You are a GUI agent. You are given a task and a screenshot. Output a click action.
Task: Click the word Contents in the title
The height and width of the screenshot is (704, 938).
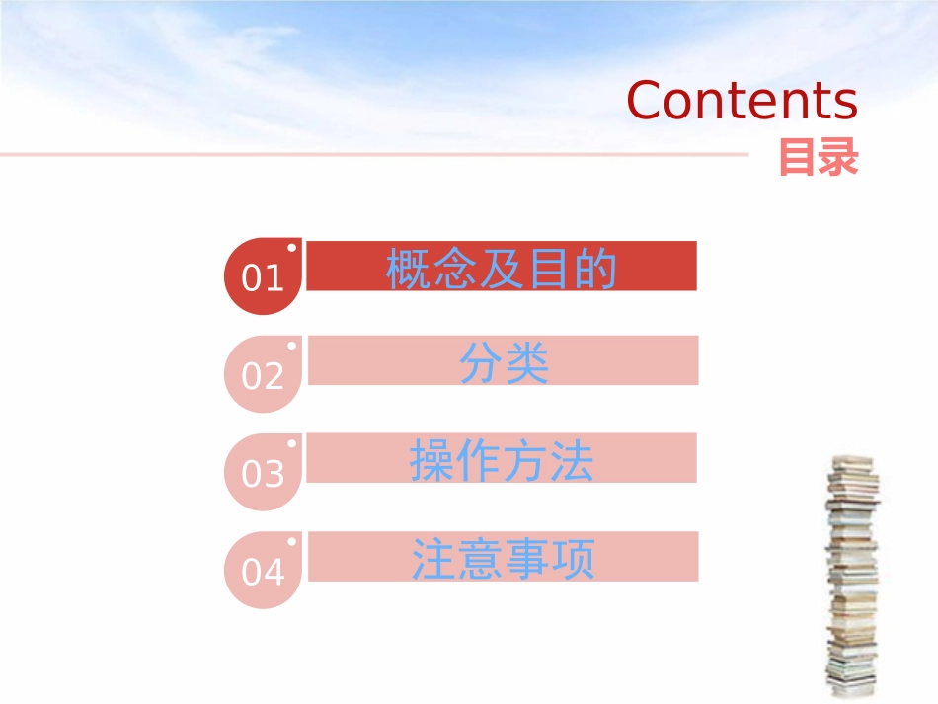coord(742,101)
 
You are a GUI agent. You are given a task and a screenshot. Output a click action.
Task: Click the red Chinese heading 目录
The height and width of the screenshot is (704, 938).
coord(819,158)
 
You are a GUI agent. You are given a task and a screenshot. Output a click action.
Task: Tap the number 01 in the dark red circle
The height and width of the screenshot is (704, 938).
coord(263,278)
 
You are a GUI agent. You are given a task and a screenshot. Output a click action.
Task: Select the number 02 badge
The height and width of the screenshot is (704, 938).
coord(263,376)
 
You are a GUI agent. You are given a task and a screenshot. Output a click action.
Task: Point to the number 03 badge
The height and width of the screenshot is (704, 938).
coord(263,474)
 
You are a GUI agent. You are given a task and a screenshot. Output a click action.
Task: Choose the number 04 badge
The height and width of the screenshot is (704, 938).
coord(263,572)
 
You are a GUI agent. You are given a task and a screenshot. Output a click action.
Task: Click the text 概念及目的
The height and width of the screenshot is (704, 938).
coord(502,269)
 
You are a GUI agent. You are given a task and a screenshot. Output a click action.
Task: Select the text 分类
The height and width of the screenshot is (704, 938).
coord(504,364)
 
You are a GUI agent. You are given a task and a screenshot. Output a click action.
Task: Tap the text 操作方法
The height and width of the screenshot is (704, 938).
coord(502,461)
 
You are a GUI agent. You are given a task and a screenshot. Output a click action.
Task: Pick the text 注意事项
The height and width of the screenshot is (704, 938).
coord(504,559)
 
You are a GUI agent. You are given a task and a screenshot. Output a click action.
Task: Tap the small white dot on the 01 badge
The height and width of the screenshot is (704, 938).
coord(291,248)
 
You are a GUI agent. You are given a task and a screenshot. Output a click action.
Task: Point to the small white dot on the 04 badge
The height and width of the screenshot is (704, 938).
coord(291,541)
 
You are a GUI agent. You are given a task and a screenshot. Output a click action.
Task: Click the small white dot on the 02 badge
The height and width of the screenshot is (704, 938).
coord(291,346)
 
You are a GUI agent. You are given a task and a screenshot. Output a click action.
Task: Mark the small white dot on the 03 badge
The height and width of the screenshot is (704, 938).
coord(291,443)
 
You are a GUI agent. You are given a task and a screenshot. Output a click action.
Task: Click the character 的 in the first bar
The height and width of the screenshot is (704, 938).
coord(595,269)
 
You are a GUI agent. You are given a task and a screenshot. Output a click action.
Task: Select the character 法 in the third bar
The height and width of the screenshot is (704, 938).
coord(572,461)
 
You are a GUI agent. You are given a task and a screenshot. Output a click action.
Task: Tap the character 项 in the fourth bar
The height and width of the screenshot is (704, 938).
coord(574,559)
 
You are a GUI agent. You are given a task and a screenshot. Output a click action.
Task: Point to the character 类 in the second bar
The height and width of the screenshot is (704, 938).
coord(526,364)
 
